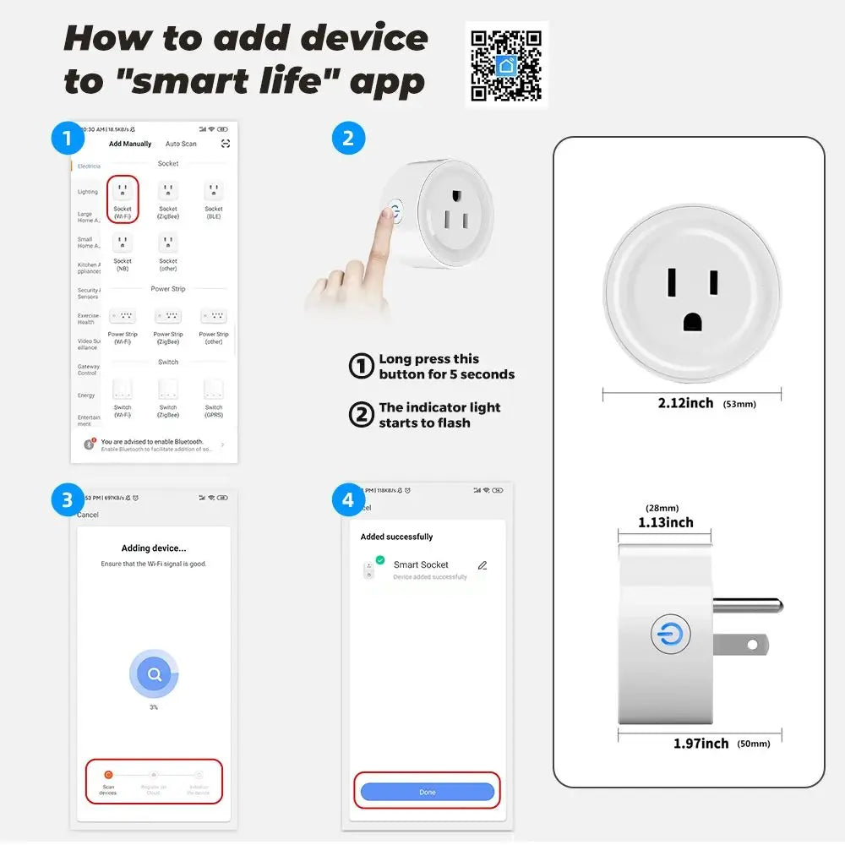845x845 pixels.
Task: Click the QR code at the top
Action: point(506,65)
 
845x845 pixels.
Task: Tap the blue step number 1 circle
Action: point(67,138)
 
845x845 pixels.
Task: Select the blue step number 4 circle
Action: point(348,500)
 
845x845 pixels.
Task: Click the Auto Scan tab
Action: point(181,144)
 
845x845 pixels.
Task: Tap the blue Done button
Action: point(427,792)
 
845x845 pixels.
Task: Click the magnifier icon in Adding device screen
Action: point(154,674)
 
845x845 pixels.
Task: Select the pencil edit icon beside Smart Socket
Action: point(482,565)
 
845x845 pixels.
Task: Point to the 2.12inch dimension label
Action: point(685,403)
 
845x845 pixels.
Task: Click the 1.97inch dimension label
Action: point(701,743)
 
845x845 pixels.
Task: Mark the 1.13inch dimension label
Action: point(666,522)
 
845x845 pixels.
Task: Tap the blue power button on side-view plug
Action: point(670,635)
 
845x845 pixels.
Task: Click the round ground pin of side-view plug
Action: point(747,605)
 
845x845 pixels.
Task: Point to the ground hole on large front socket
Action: point(692,321)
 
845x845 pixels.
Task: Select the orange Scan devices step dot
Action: point(107,774)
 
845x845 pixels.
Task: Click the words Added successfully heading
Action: point(396,537)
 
